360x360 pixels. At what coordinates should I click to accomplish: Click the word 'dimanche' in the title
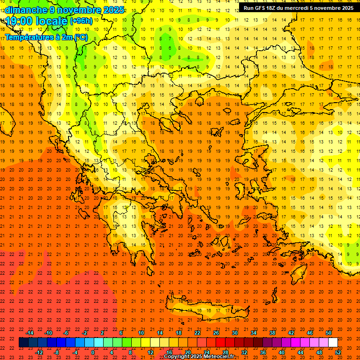click(26, 10)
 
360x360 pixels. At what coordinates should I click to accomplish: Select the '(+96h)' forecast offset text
click(81, 21)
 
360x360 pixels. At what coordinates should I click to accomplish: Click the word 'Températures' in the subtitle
click(29, 37)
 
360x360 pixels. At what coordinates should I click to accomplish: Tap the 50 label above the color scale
click(329, 333)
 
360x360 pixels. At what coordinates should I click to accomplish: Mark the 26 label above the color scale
click(216, 333)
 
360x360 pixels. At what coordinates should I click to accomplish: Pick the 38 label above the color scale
click(272, 333)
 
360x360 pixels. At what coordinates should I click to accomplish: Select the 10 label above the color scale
click(141, 333)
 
